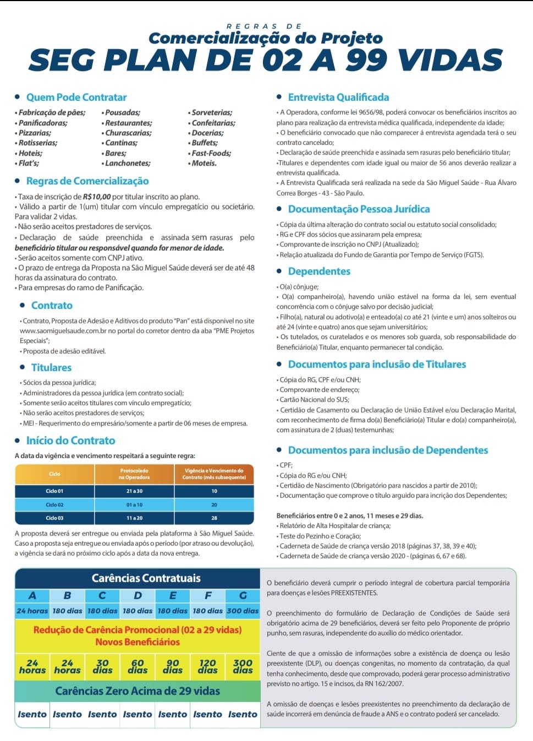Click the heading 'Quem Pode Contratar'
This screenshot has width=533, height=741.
76,97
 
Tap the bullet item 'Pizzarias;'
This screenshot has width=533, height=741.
35,133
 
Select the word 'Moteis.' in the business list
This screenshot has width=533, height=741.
204,163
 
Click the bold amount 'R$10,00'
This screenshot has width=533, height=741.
96,197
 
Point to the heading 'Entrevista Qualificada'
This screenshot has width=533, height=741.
338,97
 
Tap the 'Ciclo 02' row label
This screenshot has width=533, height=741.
54,504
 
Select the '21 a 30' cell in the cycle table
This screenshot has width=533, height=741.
134,491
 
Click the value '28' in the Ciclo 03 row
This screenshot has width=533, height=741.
214,518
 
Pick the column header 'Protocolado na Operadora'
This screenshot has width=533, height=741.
134,474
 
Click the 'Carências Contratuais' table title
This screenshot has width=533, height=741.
146,578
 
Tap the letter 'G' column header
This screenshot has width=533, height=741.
243,596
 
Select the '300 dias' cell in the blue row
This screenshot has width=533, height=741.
243,611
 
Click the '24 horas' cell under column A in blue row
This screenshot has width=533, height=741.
32,611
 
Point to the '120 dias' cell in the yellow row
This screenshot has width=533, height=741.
207,667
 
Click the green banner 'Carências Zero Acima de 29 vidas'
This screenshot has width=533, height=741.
138,691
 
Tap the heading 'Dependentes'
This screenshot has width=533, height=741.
319,271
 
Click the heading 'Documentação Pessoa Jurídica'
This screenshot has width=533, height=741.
359,209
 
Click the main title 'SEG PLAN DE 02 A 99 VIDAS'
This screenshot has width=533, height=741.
266,61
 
